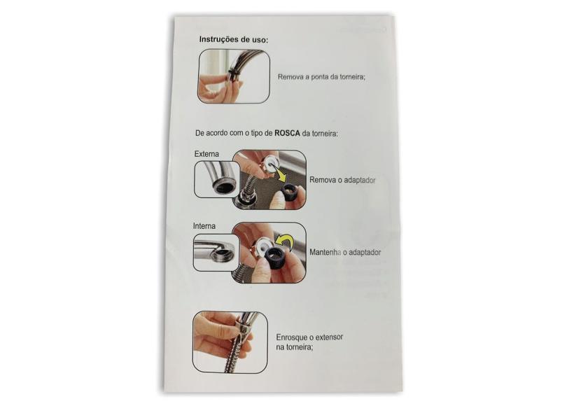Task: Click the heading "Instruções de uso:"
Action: pos(234,39)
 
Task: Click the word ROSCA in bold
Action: pos(287,133)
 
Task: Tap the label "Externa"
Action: pos(206,154)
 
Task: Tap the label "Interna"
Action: pos(204,226)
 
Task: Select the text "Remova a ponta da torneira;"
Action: pos(321,77)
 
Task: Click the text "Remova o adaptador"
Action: pos(342,180)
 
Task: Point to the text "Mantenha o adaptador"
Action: pos(345,253)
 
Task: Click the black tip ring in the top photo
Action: pos(233,76)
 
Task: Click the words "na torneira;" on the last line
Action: pos(295,347)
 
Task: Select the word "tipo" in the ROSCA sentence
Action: pos(258,134)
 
